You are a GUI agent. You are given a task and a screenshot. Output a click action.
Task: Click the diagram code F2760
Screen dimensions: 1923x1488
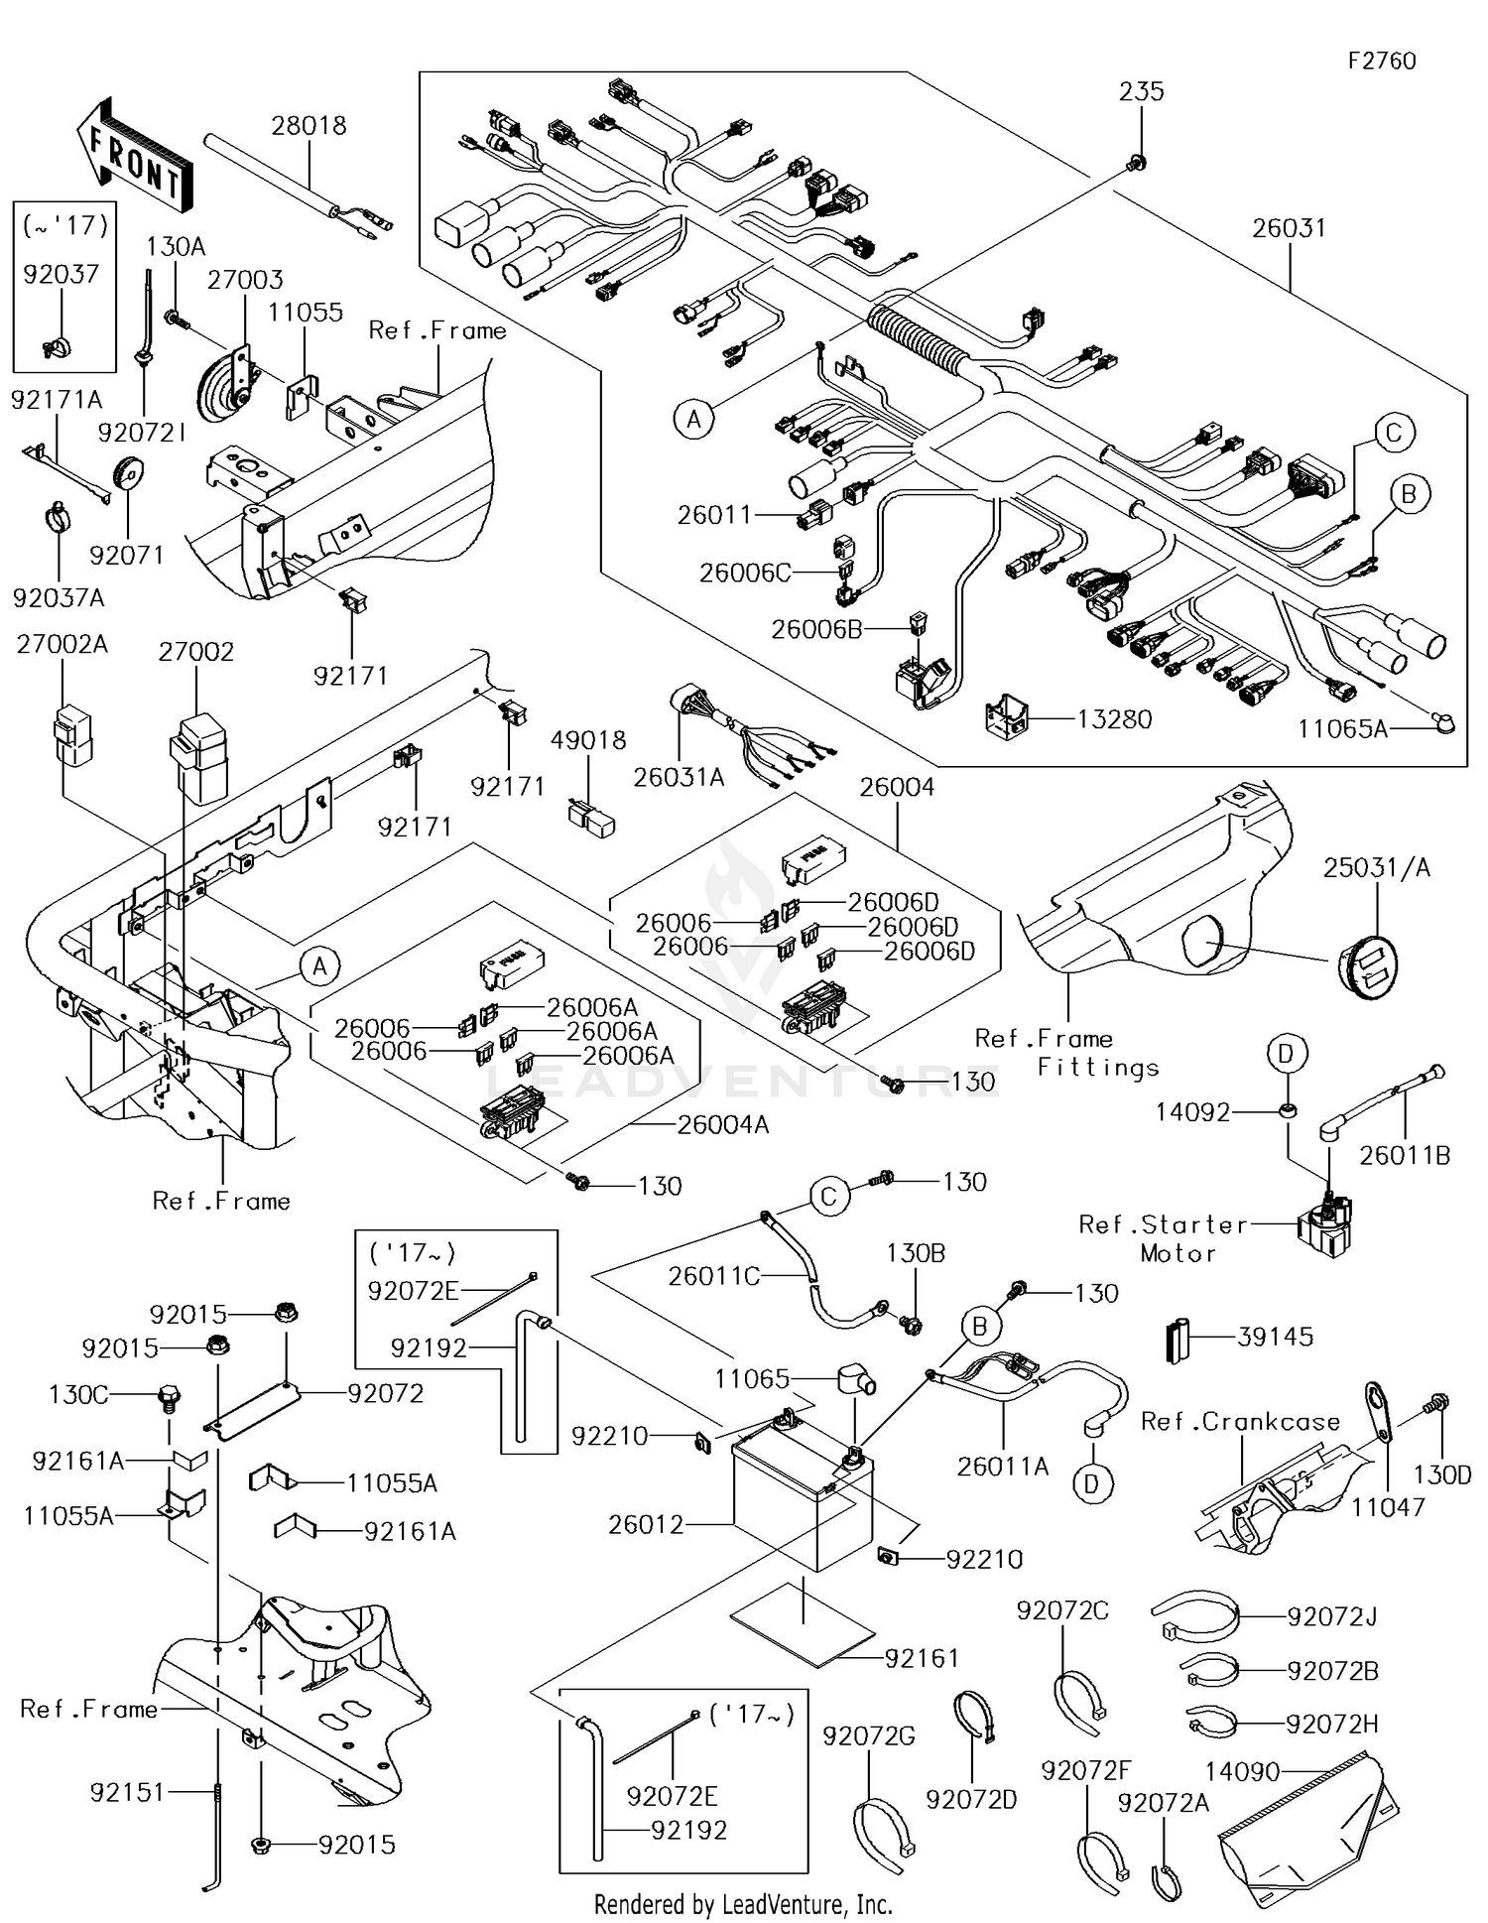pyautogui.click(x=1381, y=62)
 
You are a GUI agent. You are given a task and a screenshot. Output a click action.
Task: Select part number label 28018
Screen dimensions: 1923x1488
pyautogui.click(x=309, y=126)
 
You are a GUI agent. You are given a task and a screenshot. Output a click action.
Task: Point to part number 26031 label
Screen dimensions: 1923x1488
pyautogui.click(x=1289, y=228)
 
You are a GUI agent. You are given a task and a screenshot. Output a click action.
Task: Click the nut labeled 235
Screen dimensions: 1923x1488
pyautogui.click(x=1138, y=162)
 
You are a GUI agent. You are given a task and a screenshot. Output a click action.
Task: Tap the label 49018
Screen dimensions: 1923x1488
pyautogui.click(x=588, y=740)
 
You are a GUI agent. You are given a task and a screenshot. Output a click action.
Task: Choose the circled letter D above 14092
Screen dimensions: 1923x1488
pyautogui.click(x=1286, y=1054)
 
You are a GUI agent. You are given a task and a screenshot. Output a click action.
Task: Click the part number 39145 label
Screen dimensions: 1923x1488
pyautogui.click(x=1275, y=1337)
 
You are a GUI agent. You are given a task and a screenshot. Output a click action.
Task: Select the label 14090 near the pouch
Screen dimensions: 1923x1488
pyautogui.click(x=1242, y=1771)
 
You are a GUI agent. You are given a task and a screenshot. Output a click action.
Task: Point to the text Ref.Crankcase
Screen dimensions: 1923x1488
pyautogui.click(x=1240, y=1422)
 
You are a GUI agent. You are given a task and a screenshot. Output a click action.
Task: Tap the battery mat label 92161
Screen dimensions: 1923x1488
pyautogui.click(x=921, y=1658)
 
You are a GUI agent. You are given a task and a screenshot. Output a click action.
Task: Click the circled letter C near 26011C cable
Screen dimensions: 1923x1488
pyautogui.click(x=829, y=1197)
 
